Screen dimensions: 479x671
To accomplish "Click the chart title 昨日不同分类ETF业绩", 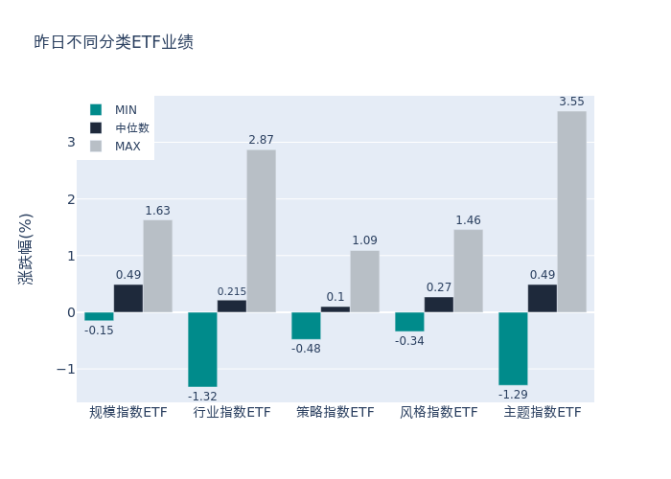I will (113, 42).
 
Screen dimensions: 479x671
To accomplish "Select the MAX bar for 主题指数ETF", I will (571, 212).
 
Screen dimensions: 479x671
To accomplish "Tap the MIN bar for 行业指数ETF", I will (202, 349).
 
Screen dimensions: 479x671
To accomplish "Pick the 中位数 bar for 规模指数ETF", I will (128, 298).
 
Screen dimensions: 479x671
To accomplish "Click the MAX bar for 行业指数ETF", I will (261, 231).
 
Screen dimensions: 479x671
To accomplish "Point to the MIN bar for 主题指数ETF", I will (513, 348).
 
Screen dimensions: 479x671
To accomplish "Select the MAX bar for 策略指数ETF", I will (364, 281).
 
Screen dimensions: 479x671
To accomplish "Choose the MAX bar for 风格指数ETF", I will (468, 270).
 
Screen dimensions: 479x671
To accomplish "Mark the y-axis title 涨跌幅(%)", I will (26, 248).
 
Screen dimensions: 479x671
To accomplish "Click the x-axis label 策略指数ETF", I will (335, 413).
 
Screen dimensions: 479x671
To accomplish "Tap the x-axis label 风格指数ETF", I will (439, 413).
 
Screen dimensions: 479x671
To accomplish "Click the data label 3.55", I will (571, 102).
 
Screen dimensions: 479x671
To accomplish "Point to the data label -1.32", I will (202, 396).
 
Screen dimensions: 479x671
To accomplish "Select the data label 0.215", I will (232, 291).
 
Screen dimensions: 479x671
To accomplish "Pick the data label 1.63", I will (157, 211).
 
